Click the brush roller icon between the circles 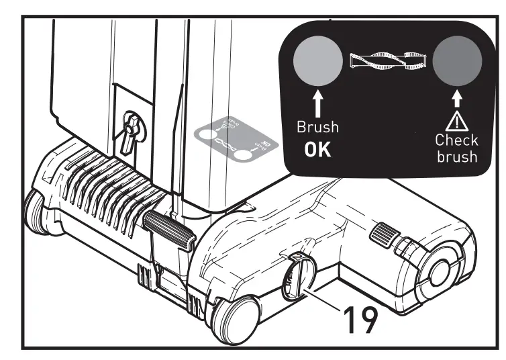(x=387, y=62)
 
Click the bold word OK (x=317, y=149)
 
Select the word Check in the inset (x=457, y=140)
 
